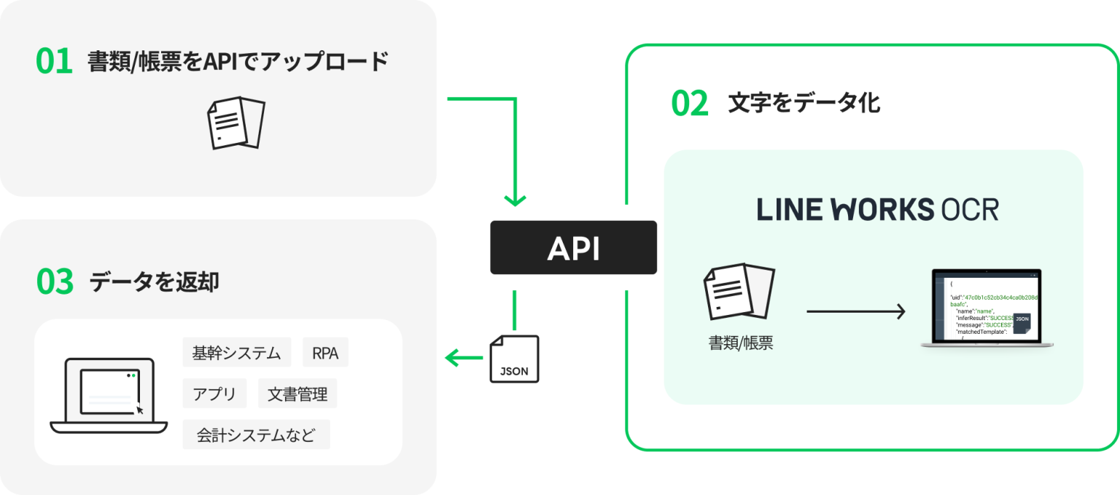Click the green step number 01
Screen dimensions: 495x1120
click(x=55, y=62)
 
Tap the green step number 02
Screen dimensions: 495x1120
click(x=690, y=104)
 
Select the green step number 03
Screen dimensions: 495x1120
click(x=55, y=282)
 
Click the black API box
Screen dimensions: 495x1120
click(x=573, y=248)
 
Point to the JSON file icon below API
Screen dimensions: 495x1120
click(x=516, y=358)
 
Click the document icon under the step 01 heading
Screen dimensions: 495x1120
click(x=236, y=122)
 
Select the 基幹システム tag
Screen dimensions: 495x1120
click(x=236, y=353)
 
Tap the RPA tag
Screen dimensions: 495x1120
click(x=325, y=353)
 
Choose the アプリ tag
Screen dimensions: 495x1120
click(x=214, y=394)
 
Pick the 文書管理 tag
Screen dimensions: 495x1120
click(x=297, y=394)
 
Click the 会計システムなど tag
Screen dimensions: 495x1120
click(x=256, y=435)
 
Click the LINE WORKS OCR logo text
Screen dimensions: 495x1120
click(x=877, y=210)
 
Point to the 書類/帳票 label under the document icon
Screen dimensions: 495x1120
click(x=740, y=343)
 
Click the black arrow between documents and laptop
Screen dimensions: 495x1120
click(x=855, y=312)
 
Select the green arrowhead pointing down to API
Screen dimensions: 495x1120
click(x=516, y=199)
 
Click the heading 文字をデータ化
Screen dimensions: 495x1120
click(x=804, y=104)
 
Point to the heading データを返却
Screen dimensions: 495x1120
click(x=154, y=282)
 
